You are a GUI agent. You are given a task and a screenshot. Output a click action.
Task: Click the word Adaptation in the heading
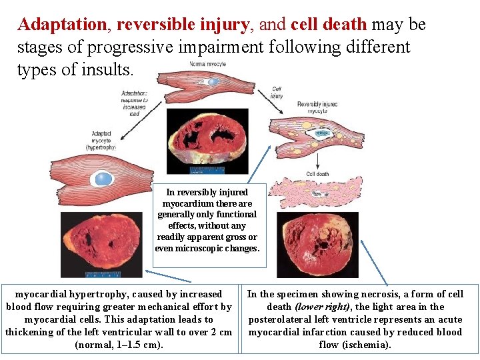tap(62, 25)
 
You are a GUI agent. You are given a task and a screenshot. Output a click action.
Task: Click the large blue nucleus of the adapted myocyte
tap(104, 178)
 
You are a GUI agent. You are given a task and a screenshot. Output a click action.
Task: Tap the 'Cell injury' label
tap(277, 93)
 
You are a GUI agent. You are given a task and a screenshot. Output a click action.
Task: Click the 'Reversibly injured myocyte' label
tap(318, 107)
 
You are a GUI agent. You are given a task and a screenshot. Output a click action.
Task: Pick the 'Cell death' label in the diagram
tap(317, 174)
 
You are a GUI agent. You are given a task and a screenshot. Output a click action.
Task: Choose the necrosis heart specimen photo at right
tap(317, 243)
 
